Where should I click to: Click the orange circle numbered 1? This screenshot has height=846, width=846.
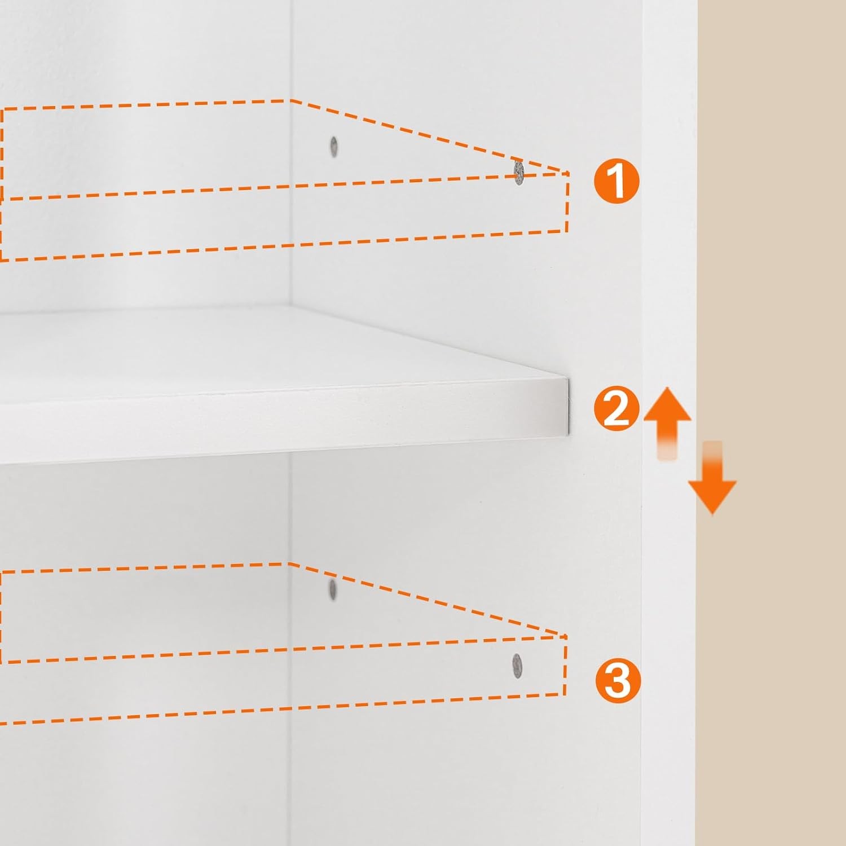(616, 181)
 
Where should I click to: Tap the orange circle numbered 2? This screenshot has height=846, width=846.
(616, 409)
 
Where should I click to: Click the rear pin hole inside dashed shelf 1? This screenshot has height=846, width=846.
(334, 147)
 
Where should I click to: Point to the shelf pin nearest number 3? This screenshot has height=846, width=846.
(517, 666)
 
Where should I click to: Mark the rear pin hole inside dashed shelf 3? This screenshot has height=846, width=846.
(332, 589)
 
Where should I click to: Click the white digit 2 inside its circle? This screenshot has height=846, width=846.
(616, 409)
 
